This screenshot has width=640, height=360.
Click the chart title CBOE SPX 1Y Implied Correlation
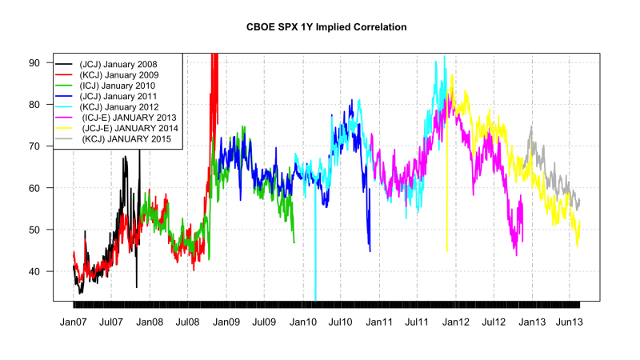pos(327,27)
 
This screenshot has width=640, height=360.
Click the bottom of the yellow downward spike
pos(446,252)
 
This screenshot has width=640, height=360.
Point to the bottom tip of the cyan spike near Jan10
pos(315,299)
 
